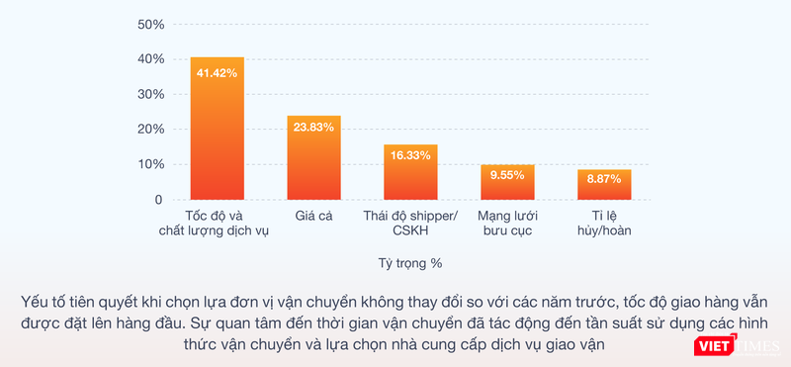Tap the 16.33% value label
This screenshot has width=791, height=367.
[x=410, y=155]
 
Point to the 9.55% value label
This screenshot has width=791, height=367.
[x=507, y=174]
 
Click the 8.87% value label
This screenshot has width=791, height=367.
[x=604, y=179]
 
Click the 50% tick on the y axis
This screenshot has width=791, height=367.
[x=149, y=24]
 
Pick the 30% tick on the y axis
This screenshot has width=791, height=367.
[x=149, y=94]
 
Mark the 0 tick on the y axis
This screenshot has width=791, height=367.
[x=157, y=200]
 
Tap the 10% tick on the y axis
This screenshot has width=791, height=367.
[x=149, y=164]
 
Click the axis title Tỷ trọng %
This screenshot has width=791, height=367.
[x=409, y=263]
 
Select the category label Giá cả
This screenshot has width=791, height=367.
[x=313, y=216]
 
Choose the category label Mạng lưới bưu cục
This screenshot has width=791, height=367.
[x=507, y=223]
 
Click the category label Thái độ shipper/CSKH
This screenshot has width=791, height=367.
[x=410, y=223]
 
